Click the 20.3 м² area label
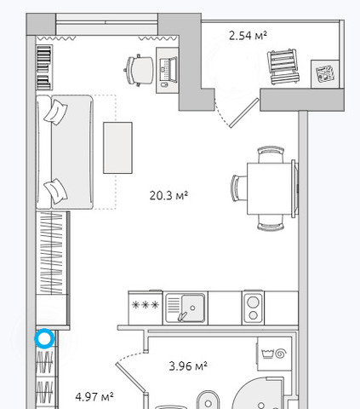click(x=169, y=195)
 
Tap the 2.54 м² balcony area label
click(x=248, y=36)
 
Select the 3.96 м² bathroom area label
click(x=188, y=366)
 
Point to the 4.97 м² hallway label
click(x=94, y=396)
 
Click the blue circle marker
click(x=44, y=338)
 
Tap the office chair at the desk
click(x=139, y=70)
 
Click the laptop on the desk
click(x=169, y=70)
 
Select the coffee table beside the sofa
click(x=117, y=147)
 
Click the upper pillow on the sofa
click(x=56, y=112)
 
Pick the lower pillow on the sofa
click(x=56, y=191)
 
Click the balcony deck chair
click(x=283, y=66)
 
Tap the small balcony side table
click(x=325, y=74)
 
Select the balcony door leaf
click(x=244, y=112)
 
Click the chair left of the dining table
click(x=239, y=188)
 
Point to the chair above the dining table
click(x=271, y=154)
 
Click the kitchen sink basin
click(x=192, y=308)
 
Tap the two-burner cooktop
click(x=253, y=308)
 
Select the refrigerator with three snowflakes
click(x=146, y=308)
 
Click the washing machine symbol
click(x=274, y=354)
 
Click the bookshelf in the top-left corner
click(x=44, y=67)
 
